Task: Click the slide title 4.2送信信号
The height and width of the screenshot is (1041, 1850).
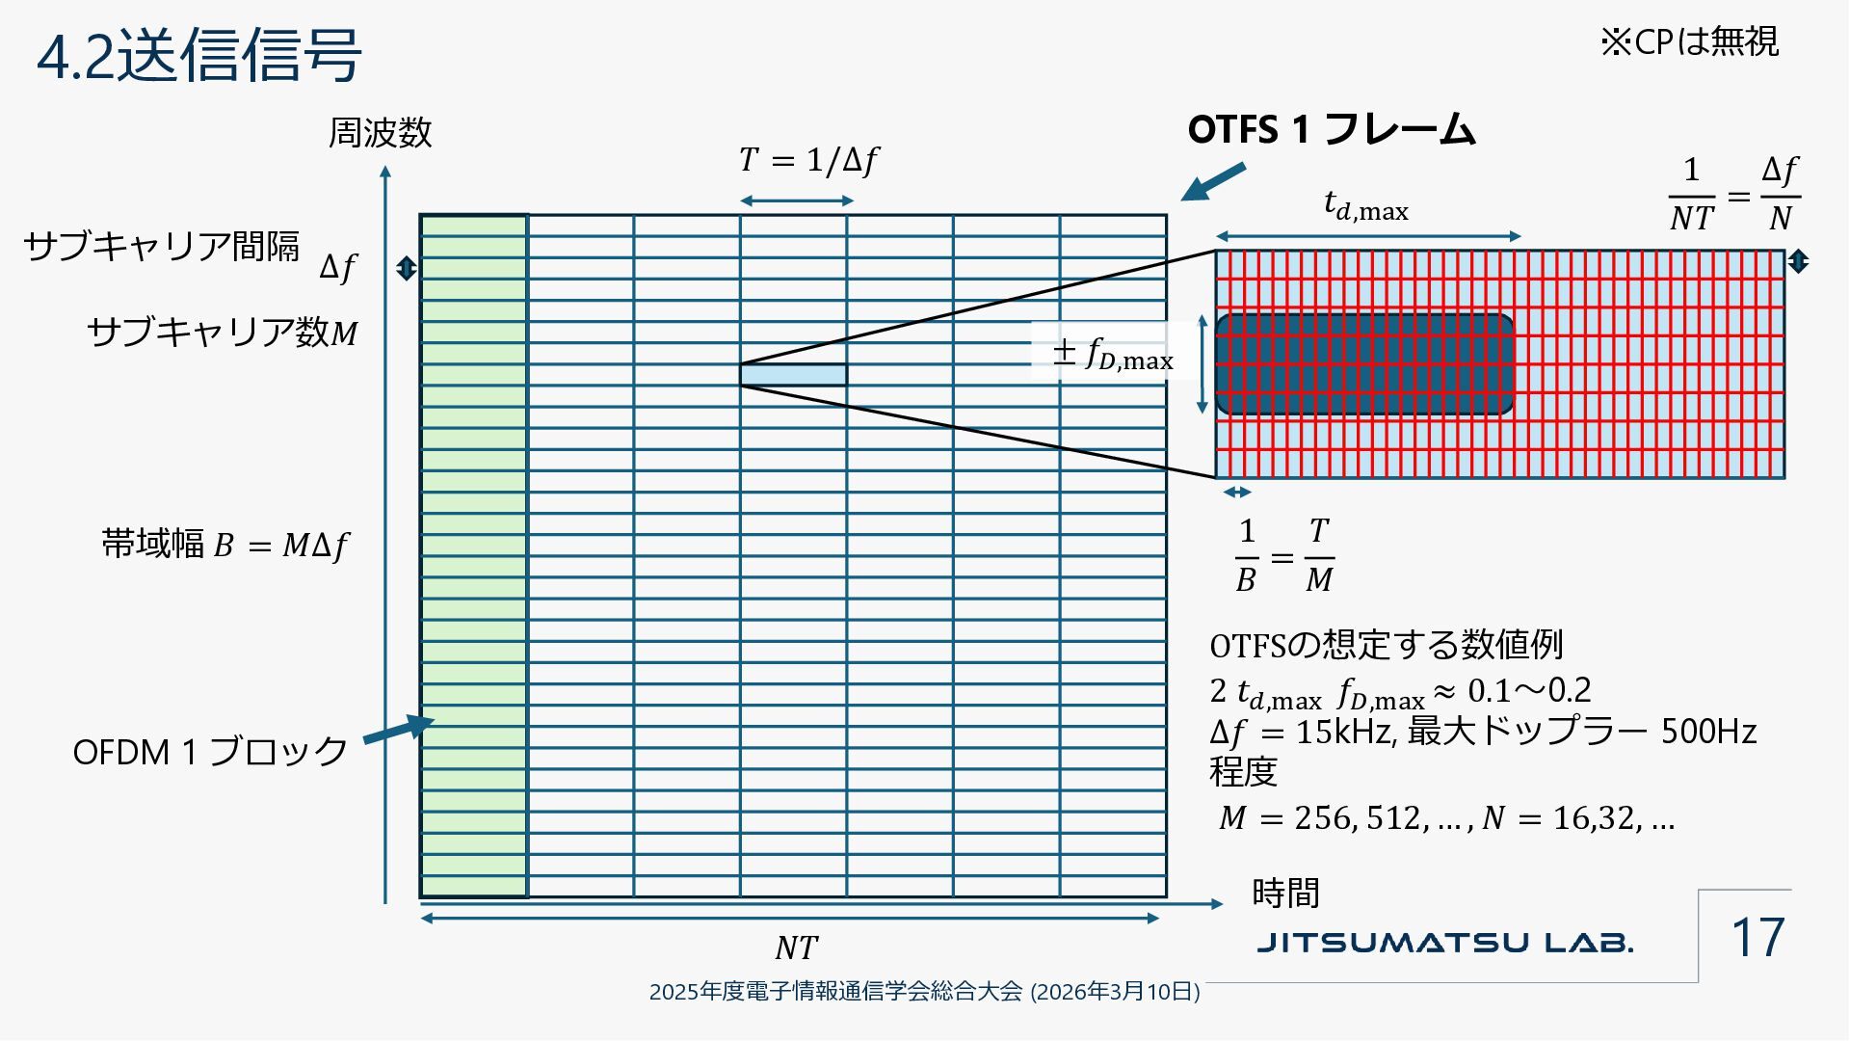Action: click(x=198, y=55)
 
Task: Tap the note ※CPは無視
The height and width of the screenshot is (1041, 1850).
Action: click(x=1689, y=42)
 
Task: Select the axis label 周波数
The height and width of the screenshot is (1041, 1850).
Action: click(x=380, y=133)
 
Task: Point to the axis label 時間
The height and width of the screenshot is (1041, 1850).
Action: click(x=1285, y=894)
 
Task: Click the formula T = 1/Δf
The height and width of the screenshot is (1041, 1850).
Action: click(x=808, y=160)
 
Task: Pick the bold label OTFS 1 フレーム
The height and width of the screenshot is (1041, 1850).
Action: click(x=1331, y=129)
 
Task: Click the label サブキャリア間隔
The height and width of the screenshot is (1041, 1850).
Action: click(x=161, y=247)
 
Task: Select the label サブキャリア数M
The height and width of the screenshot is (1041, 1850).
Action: click(x=223, y=333)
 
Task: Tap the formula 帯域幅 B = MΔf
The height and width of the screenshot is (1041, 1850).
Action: click(x=225, y=546)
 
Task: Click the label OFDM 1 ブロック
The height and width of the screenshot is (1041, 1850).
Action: click(x=210, y=752)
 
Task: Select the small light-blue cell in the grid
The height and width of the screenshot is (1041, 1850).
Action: click(x=793, y=375)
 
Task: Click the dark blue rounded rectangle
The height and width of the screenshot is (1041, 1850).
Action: click(x=1363, y=364)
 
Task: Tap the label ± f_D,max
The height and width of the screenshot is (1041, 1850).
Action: click(x=1113, y=354)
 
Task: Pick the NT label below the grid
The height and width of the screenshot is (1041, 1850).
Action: click(x=796, y=948)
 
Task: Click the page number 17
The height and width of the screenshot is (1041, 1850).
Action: click(x=1757, y=938)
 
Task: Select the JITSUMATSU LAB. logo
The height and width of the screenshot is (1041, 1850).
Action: click(x=1444, y=942)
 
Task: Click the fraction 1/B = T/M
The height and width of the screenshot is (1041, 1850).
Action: click(x=1284, y=556)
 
